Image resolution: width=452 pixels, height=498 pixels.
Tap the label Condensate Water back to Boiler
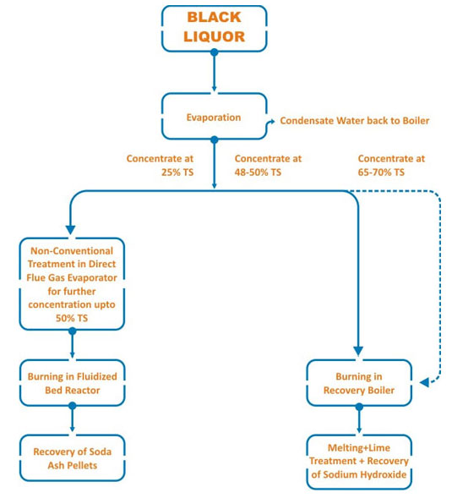(x=355, y=121)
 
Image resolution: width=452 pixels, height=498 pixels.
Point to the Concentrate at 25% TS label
(x=160, y=165)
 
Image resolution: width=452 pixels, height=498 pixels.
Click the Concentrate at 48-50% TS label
(x=268, y=165)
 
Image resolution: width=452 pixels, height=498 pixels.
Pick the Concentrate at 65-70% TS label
(x=391, y=165)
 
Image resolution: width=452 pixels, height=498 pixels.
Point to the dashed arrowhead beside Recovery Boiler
(x=425, y=382)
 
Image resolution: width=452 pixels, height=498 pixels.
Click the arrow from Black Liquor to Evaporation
(x=215, y=72)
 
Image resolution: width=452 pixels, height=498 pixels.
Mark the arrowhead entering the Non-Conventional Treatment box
(x=70, y=230)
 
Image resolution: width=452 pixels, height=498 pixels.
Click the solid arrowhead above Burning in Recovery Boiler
(x=358, y=351)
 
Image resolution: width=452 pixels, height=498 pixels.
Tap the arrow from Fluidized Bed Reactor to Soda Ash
(x=73, y=419)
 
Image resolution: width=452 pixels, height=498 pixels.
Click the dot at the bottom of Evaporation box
(x=215, y=140)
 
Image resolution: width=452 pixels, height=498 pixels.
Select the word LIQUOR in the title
(x=215, y=37)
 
